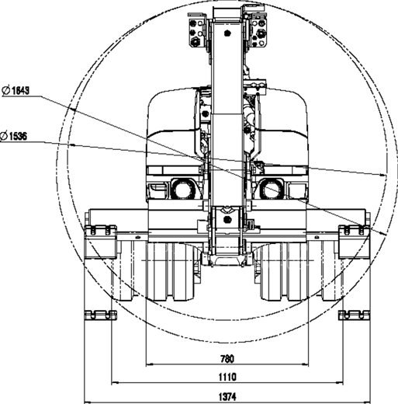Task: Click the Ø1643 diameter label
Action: pyautogui.click(x=16, y=90)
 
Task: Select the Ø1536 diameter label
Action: pyautogui.click(x=13, y=136)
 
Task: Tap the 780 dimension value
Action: pyautogui.click(x=227, y=359)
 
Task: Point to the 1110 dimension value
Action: pyautogui.click(x=227, y=377)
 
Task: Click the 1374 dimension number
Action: pyautogui.click(x=227, y=396)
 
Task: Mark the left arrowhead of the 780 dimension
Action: pyautogui.click(x=150, y=364)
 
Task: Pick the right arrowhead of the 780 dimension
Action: pyautogui.click(x=306, y=364)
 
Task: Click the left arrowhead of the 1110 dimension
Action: pyautogui.click(x=115, y=382)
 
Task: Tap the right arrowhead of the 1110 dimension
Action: pyautogui.click(x=340, y=382)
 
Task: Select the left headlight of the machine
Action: pyautogui.click(x=183, y=189)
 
